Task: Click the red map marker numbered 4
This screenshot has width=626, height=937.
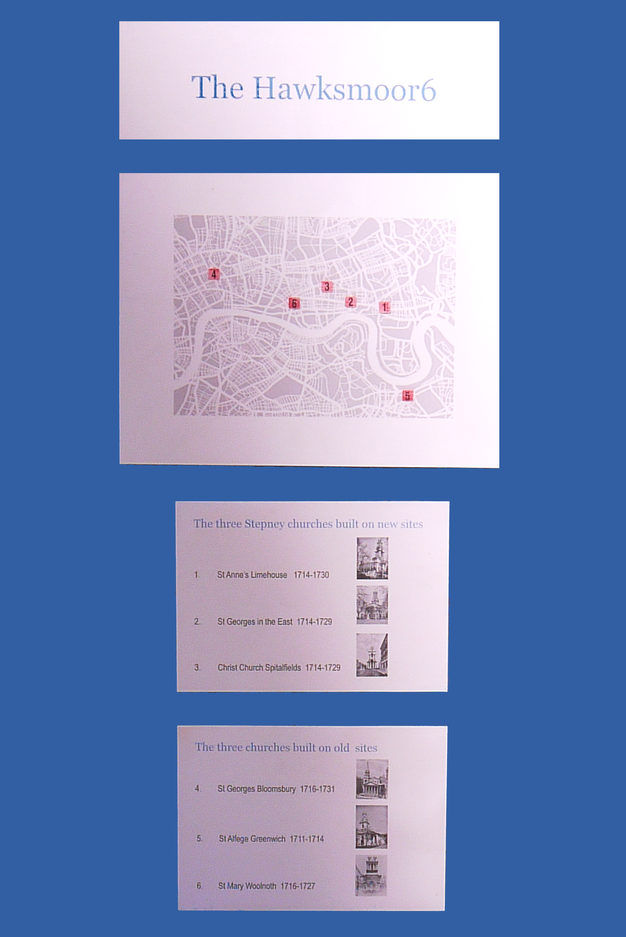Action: (x=213, y=274)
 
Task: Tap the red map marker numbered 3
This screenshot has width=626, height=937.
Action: (x=327, y=286)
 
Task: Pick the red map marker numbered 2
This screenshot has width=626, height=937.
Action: (x=351, y=302)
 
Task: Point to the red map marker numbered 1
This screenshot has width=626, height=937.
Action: (x=385, y=307)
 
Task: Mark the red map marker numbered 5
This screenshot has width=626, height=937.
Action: (x=407, y=396)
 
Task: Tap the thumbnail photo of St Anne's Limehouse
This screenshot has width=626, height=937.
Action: (x=372, y=558)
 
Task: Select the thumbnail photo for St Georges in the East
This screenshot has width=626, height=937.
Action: (x=372, y=605)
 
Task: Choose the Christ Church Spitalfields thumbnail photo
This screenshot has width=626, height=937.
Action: (x=372, y=655)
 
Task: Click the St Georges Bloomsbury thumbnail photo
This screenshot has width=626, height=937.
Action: (x=372, y=779)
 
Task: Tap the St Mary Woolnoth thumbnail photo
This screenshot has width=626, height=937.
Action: (x=371, y=876)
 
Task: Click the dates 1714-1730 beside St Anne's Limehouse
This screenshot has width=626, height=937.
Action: (x=312, y=575)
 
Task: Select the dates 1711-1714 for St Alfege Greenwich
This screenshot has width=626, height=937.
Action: (x=307, y=839)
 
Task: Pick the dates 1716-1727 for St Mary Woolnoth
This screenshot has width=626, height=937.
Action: (x=298, y=886)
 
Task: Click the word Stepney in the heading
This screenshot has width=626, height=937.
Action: (x=264, y=524)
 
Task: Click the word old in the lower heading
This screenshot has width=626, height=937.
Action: (x=341, y=747)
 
